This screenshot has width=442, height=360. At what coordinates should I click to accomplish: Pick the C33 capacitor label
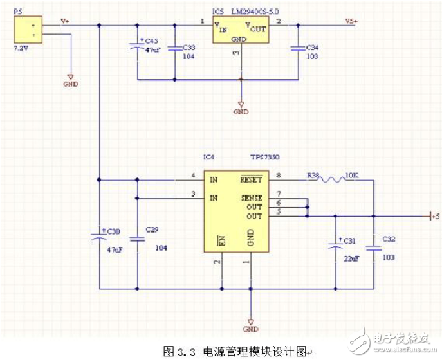(x=190, y=48)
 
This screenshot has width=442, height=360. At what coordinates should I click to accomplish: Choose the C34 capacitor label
(x=312, y=48)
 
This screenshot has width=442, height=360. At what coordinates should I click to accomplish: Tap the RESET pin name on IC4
(x=252, y=175)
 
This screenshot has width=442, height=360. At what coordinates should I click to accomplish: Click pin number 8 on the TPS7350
(x=279, y=174)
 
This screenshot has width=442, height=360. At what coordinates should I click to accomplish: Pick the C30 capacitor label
(x=113, y=230)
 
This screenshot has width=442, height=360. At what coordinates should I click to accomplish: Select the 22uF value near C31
(x=351, y=258)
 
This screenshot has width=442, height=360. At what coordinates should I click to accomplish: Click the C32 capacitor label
(x=389, y=239)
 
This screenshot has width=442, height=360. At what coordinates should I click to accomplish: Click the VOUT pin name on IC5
(x=255, y=27)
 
